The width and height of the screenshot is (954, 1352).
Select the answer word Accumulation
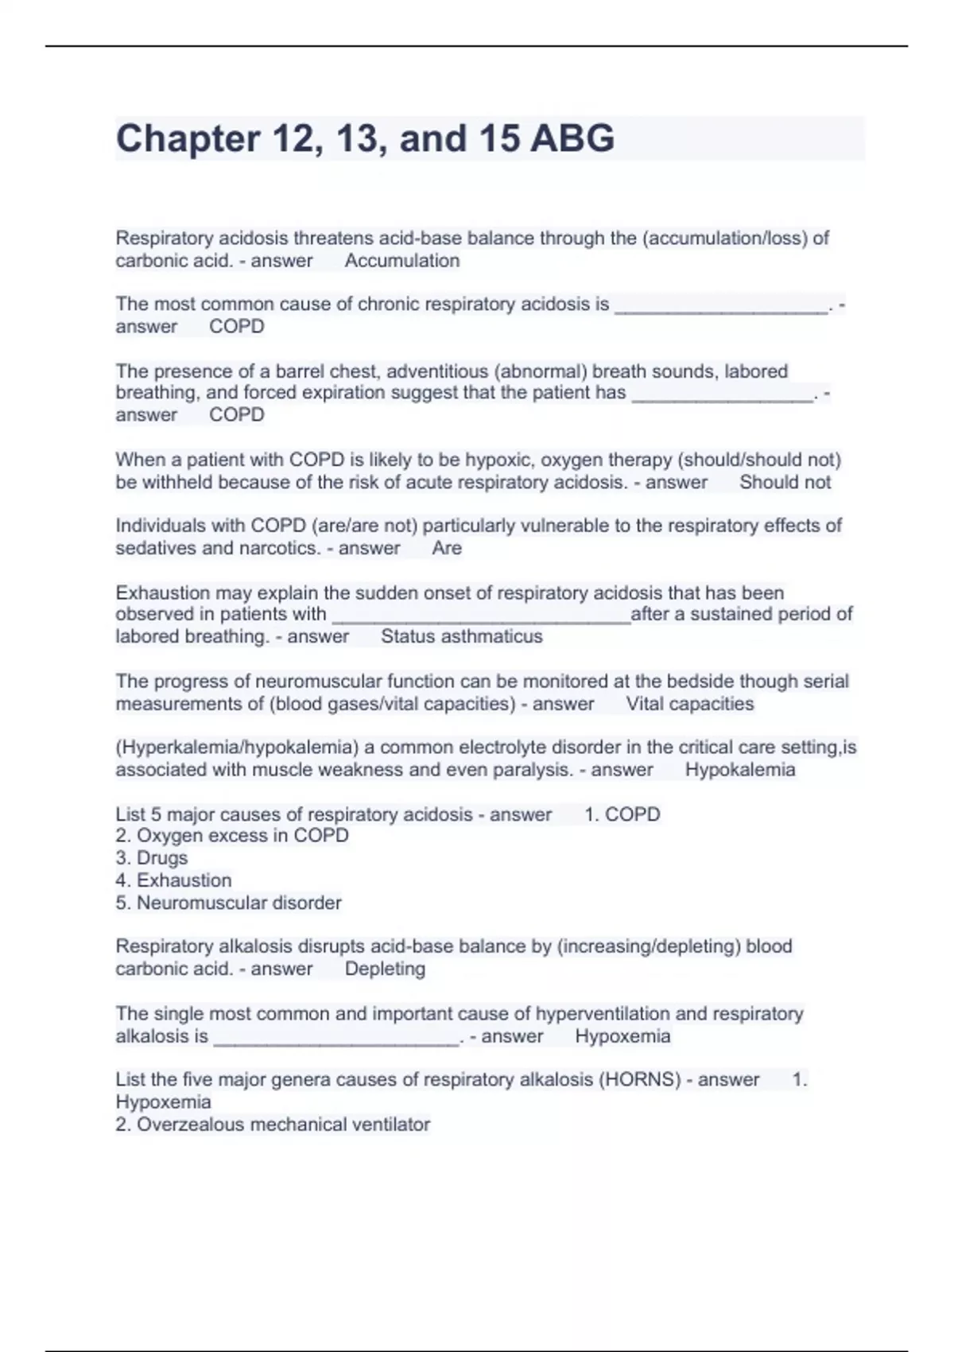coord(401,261)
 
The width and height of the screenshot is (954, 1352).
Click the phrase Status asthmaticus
coord(461,636)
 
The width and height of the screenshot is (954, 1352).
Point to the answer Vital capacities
coord(689,704)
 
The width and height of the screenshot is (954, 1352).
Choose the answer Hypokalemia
coord(739,770)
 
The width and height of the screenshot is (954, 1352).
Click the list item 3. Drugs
coord(151,858)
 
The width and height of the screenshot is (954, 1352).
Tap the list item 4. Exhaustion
coord(173,880)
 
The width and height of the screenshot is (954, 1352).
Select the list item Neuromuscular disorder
coord(238,903)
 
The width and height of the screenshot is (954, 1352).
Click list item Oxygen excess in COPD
coord(242,836)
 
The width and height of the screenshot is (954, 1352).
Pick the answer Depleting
coord(385,969)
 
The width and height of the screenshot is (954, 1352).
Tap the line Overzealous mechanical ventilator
coord(282,1125)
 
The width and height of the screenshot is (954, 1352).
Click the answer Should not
coord(785,482)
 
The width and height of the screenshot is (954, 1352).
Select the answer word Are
coord(447,548)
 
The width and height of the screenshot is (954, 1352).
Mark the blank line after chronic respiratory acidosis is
coord(720,310)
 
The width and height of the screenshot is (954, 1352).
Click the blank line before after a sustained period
coord(480,620)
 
